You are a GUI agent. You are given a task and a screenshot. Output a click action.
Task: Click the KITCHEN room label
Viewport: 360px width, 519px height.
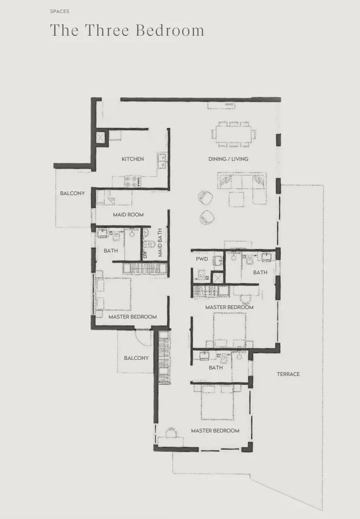click(x=133, y=159)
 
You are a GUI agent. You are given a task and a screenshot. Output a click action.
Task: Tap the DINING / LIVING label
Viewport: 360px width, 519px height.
click(x=228, y=159)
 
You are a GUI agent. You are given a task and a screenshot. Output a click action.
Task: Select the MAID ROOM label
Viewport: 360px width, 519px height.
click(x=128, y=214)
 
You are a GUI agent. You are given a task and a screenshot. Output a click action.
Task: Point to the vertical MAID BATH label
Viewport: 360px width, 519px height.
click(x=160, y=243)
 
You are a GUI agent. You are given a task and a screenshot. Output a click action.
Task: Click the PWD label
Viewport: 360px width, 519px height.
click(x=202, y=259)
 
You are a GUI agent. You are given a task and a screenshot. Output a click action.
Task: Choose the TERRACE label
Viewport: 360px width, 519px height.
click(x=288, y=374)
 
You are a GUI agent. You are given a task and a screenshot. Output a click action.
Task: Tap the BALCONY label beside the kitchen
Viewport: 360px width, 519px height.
click(x=72, y=193)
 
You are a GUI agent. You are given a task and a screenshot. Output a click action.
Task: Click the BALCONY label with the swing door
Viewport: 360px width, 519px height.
click(x=136, y=358)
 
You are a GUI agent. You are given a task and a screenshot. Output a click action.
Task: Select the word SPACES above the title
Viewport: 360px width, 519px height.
click(x=60, y=11)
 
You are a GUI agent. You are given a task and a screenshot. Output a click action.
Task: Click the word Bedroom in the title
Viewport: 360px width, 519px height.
click(x=170, y=30)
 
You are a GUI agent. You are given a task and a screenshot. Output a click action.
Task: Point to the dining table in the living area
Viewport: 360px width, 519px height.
click(x=234, y=134)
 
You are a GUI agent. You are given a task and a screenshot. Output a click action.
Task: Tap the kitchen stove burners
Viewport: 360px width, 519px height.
click(x=133, y=181)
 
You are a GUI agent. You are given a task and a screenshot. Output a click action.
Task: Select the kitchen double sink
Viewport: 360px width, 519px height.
click(x=162, y=160)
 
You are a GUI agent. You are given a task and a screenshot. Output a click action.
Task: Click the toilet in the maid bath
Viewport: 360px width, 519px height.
click(x=149, y=245)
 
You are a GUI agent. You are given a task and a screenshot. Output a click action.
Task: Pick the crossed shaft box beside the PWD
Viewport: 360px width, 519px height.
click(x=217, y=278)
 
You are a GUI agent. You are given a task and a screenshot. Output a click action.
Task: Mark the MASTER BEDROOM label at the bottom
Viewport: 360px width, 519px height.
click(x=215, y=431)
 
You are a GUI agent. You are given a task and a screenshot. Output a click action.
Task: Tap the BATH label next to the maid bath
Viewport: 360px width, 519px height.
click(x=110, y=250)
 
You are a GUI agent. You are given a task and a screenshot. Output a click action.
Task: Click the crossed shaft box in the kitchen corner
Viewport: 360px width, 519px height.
click(x=100, y=137)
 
